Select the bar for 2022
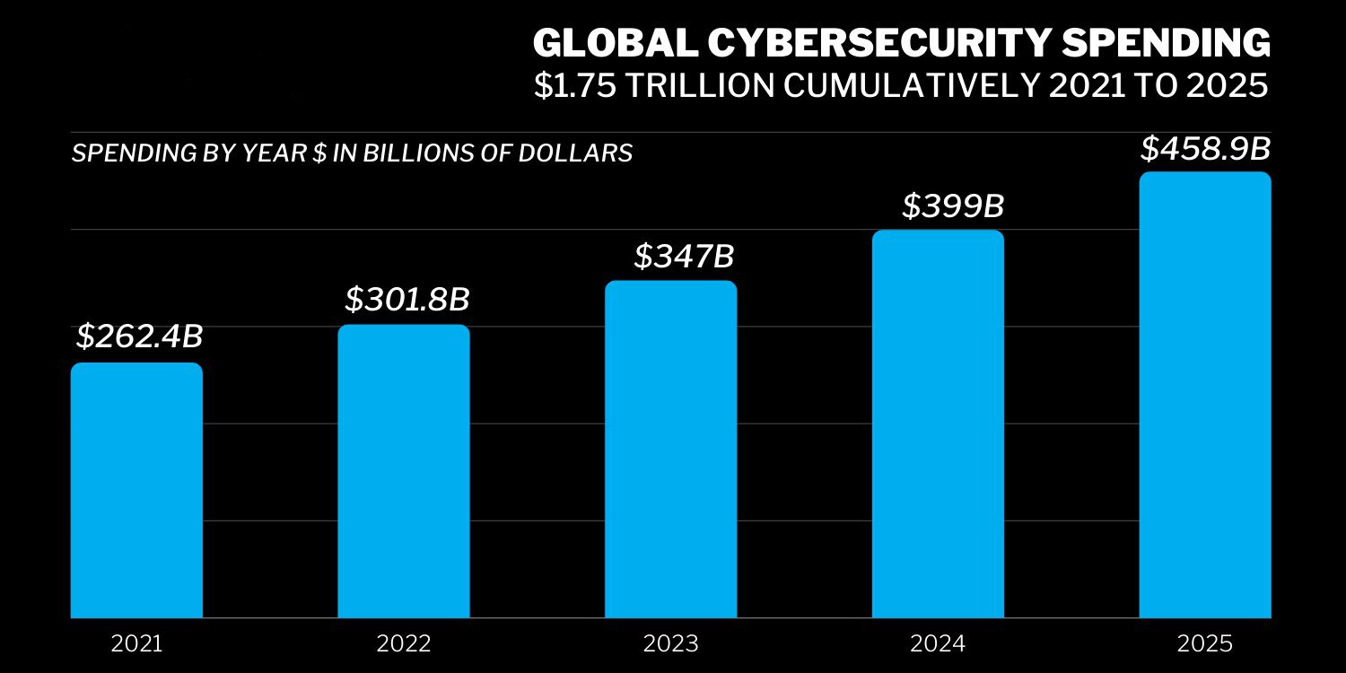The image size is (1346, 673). click(x=403, y=471)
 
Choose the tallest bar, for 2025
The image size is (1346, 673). click(x=1205, y=395)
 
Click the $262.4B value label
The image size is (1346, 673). click(x=139, y=336)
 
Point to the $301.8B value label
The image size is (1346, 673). click(x=406, y=300)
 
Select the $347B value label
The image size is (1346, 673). click(x=684, y=256)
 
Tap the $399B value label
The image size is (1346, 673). click(x=952, y=206)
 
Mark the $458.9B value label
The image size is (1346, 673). click(x=1205, y=149)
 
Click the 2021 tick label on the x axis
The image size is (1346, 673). click(x=136, y=643)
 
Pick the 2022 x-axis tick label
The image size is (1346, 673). click(x=403, y=643)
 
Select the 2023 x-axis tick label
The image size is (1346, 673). click(x=670, y=643)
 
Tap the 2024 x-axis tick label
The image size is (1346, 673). click(x=938, y=643)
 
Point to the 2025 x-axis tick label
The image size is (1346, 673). click(x=1205, y=643)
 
